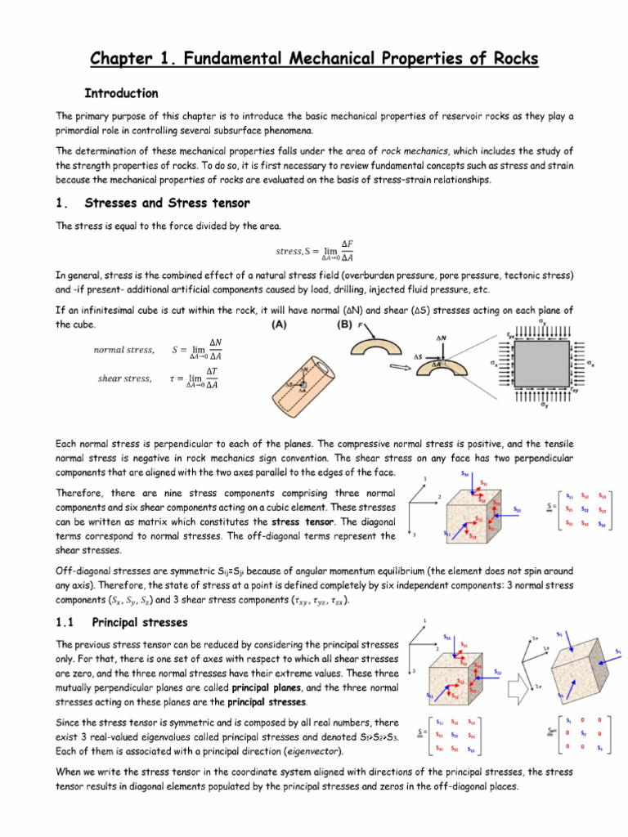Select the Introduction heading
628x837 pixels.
click(x=122, y=93)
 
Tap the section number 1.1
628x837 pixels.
click(x=66, y=622)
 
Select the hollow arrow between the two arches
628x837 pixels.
click(x=400, y=368)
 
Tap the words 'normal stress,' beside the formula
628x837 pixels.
click(x=123, y=350)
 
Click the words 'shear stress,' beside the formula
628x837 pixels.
click(x=125, y=378)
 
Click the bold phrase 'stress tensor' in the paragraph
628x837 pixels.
click(x=302, y=521)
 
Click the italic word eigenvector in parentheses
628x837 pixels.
click(x=314, y=750)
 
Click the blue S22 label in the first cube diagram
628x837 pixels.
click(x=517, y=509)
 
